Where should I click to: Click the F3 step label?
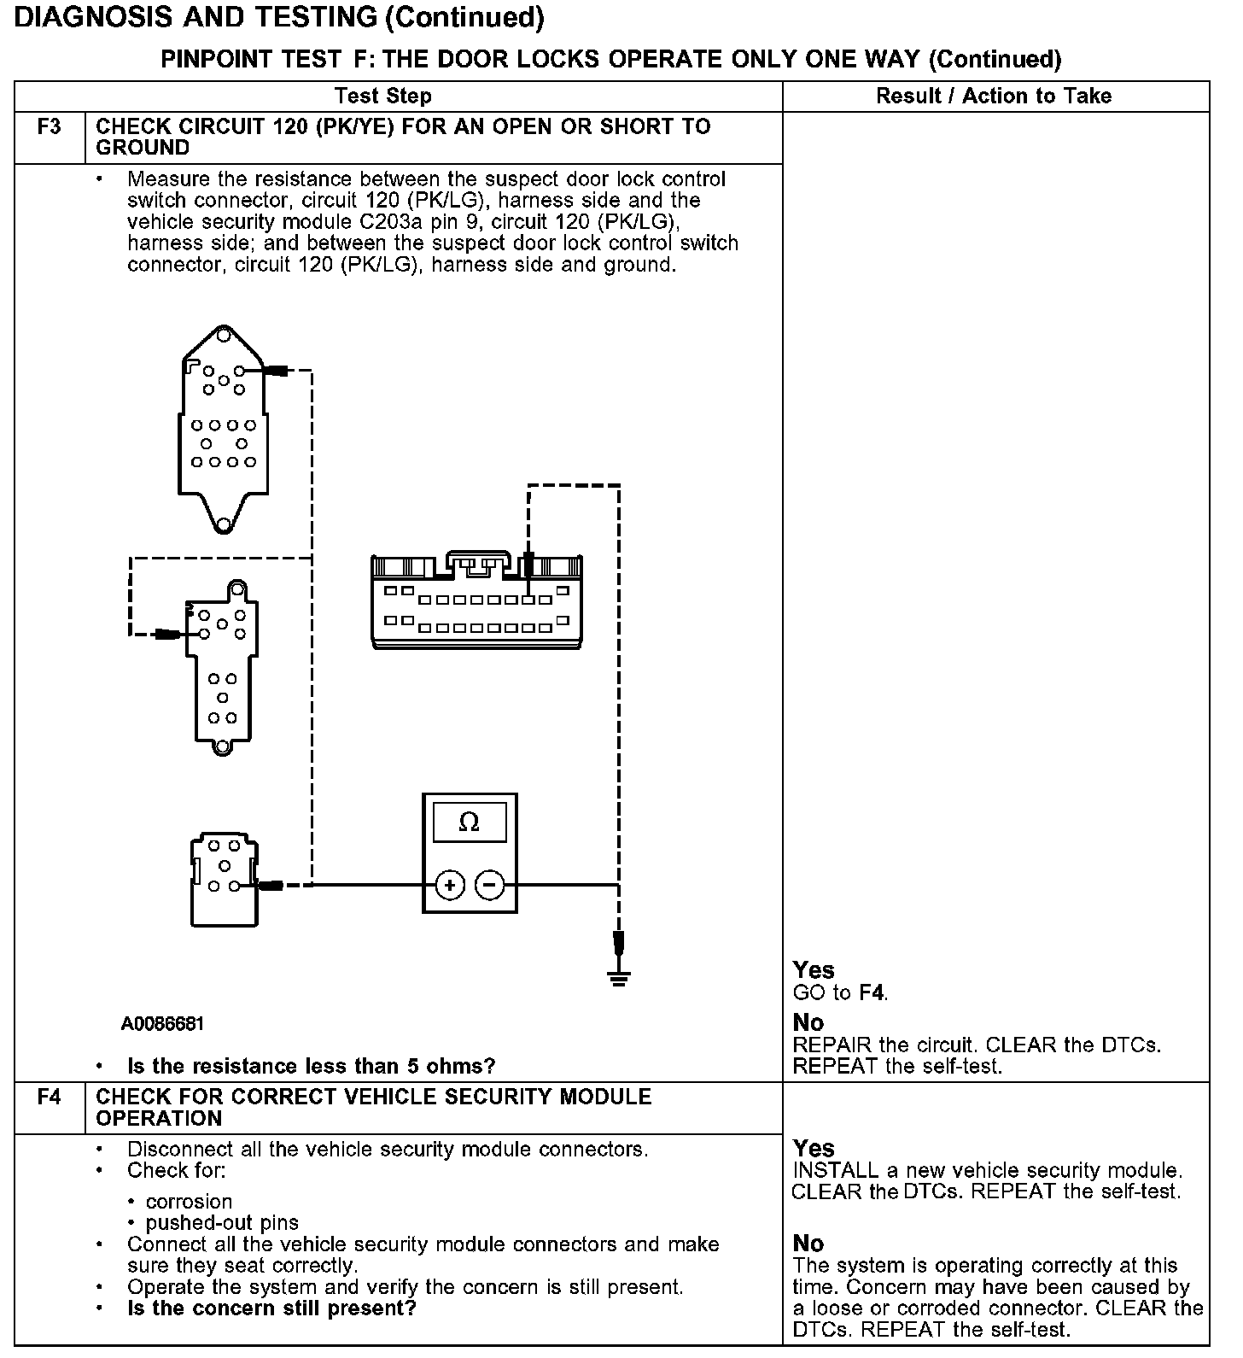(50, 128)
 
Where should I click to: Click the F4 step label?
(50, 1098)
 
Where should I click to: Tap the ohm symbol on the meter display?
(469, 822)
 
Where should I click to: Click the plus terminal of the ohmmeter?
(450, 885)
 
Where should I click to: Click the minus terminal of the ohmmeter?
(489, 885)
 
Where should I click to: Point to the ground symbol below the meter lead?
(620, 976)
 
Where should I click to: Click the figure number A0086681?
(162, 1023)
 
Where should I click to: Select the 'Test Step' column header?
(383, 96)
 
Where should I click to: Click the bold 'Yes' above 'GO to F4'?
(814, 970)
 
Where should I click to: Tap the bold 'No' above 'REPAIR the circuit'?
(808, 1022)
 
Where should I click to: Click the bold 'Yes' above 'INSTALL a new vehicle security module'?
(814, 1148)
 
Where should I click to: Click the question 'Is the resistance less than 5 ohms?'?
(311, 1066)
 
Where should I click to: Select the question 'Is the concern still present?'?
(271, 1308)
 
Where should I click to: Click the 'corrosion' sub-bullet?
(189, 1202)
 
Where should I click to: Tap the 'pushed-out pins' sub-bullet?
(222, 1223)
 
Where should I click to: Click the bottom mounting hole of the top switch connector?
(223, 524)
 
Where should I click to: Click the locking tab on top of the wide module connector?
(478, 561)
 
